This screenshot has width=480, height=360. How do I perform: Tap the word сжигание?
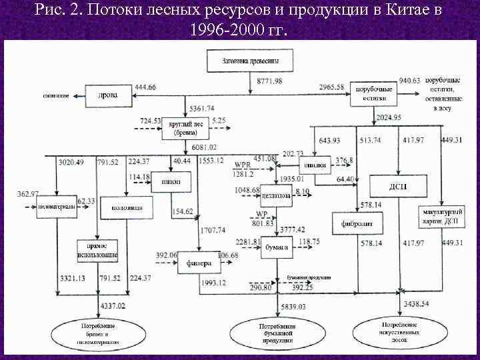(x=57, y=96)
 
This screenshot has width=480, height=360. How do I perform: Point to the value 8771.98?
(x=269, y=81)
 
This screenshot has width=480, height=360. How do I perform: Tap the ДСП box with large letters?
(x=397, y=186)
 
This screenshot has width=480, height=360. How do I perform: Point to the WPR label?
(x=243, y=165)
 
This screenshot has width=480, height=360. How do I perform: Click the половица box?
(x=125, y=207)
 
